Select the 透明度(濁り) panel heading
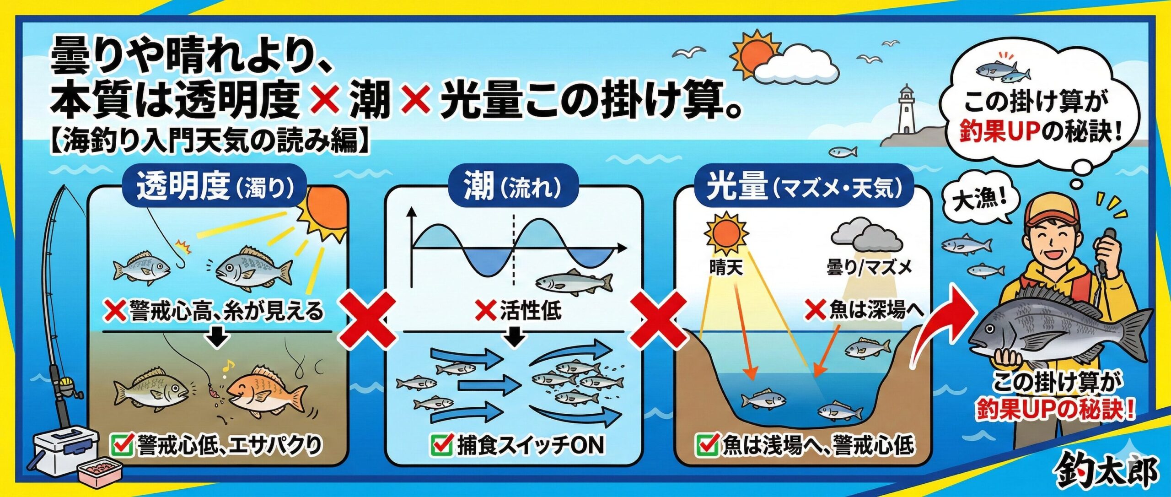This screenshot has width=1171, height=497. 215,187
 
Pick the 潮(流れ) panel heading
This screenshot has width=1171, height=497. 512,187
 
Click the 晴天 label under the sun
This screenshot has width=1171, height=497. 726,267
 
